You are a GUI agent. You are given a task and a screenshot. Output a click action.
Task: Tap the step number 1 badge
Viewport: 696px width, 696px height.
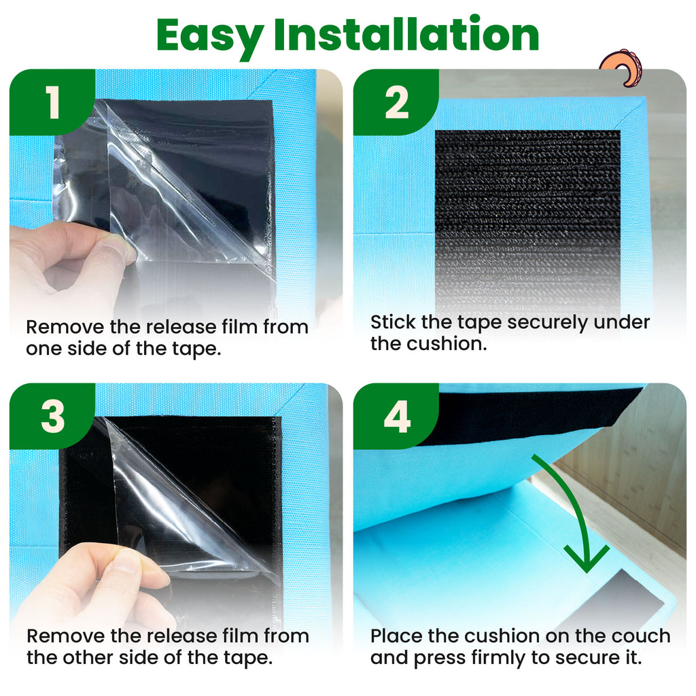[52, 102]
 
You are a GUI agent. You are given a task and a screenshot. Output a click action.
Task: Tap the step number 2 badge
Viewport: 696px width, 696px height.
[396, 102]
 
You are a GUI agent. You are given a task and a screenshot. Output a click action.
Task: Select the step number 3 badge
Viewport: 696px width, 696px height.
[52, 417]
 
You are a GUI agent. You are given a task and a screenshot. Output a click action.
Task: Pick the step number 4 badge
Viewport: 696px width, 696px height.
[396, 417]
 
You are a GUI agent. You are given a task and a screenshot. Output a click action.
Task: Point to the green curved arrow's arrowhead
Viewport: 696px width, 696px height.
[587, 560]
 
